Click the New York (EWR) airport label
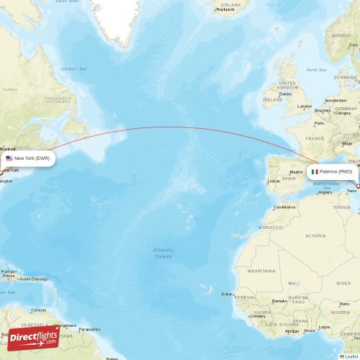(x=32, y=158)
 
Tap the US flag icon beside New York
(x=9, y=158)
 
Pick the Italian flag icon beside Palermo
(x=315, y=172)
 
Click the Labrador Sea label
(x=73, y=68)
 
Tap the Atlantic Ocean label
(x=163, y=253)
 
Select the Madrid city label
(x=296, y=172)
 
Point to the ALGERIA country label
(x=316, y=235)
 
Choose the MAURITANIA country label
(x=261, y=271)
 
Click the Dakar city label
(x=228, y=294)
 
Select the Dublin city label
(x=285, y=94)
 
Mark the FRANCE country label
(x=315, y=138)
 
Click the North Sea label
(x=316, y=70)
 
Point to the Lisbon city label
(x=273, y=181)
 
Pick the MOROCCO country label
(x=271, y=227)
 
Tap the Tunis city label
(x=351, y=191)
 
